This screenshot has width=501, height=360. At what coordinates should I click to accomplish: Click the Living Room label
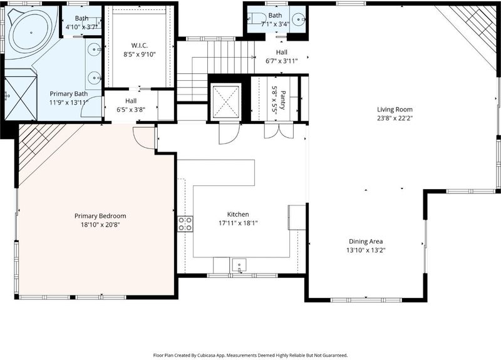(x=395, y=110)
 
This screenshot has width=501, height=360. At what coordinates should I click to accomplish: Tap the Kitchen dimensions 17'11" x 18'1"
(x=238, y=223)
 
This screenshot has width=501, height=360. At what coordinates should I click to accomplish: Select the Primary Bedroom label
(x=100, y=216)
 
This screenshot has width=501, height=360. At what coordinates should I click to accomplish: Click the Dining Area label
(x=366, y=242)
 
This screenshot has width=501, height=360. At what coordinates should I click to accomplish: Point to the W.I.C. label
(x=139, y=45)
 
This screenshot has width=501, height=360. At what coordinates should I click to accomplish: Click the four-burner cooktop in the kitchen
(x=185, y=224)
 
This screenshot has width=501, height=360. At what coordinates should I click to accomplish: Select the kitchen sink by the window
(x=239, y=265)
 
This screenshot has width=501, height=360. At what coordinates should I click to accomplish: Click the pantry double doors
(x=279, y=131)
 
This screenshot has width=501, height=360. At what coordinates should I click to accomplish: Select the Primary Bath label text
(x=69, y=94)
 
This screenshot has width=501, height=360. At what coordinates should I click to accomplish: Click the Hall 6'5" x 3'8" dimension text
(x=131, y=110)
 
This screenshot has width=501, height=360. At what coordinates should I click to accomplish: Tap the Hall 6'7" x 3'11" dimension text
(x=281, y=61)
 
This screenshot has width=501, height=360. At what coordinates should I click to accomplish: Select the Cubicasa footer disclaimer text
(x=250, y=355)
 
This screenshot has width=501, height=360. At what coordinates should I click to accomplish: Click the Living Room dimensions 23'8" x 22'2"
(x=395, y=118)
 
